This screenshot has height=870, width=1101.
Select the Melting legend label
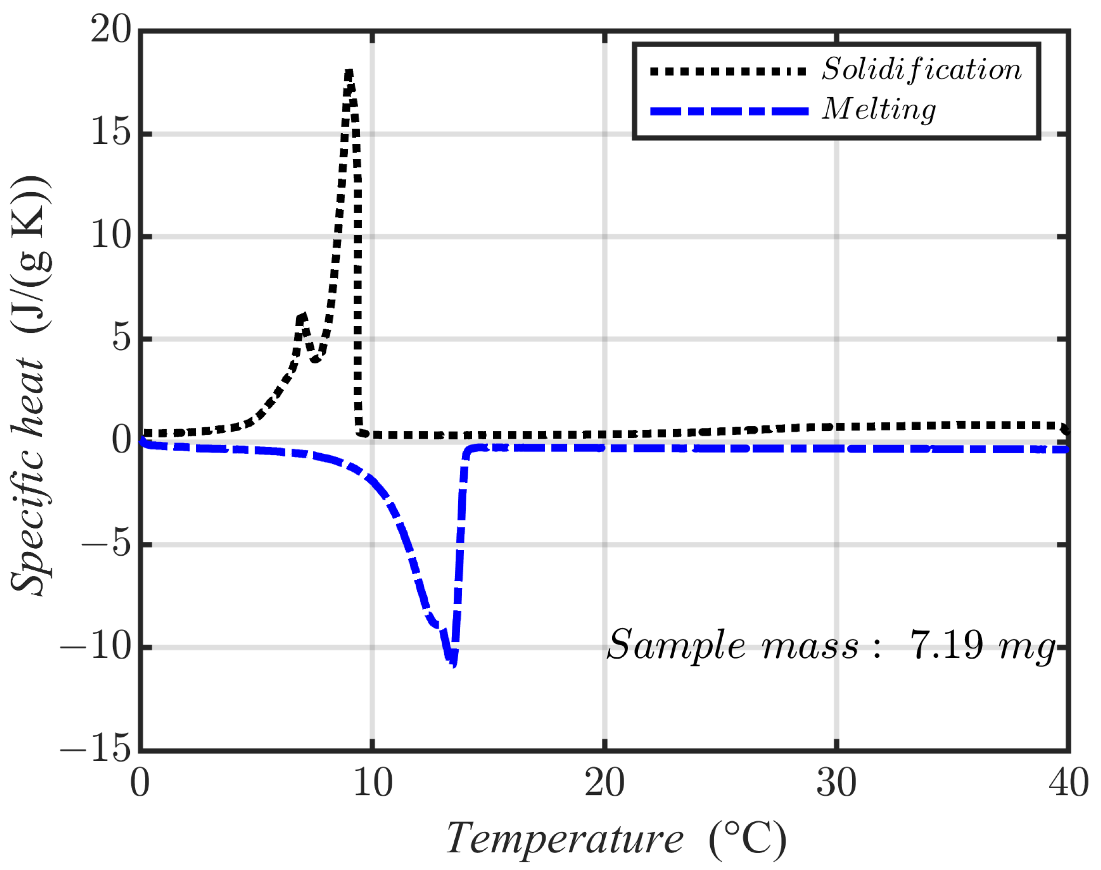pyautogui.click(x=879, y=110)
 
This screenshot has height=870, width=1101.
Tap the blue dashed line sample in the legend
pyautogui.click(x=729, y=112)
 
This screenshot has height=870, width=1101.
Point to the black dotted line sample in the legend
pyautogui.click(x=728, y=72)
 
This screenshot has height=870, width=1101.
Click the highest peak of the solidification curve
pyautogui.click(x=349, y=73)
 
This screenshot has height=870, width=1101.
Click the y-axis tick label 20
pyautogui.click(x=111, y=29)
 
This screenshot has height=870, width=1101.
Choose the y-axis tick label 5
pyautogui.click(x=121, y=338)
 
